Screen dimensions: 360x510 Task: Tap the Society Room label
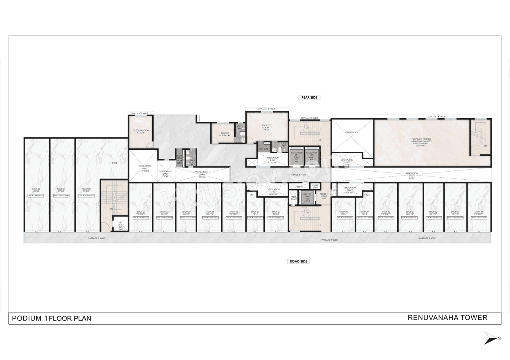click(266, 127)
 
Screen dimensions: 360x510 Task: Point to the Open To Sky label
click(351, 132)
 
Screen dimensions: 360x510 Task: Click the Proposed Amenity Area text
click(421, 142)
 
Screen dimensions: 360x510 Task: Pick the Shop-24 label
click(210, 213)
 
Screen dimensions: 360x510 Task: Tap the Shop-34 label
click(479, 213)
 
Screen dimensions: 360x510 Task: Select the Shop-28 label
click(343, 213)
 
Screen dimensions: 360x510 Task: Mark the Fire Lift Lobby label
click(323, 195)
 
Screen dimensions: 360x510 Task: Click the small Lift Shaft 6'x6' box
click(120, 225)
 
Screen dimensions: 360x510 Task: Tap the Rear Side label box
click(309, 97)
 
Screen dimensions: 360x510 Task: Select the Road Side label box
click(298, 261)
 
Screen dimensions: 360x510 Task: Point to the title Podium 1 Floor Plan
click(51, 318)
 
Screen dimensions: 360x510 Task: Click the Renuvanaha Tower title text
click(447, 317)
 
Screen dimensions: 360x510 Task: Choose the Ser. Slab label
click(263, 149)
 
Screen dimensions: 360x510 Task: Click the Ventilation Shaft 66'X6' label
click(412, 175)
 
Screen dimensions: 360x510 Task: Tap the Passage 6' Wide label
click(298, 174)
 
